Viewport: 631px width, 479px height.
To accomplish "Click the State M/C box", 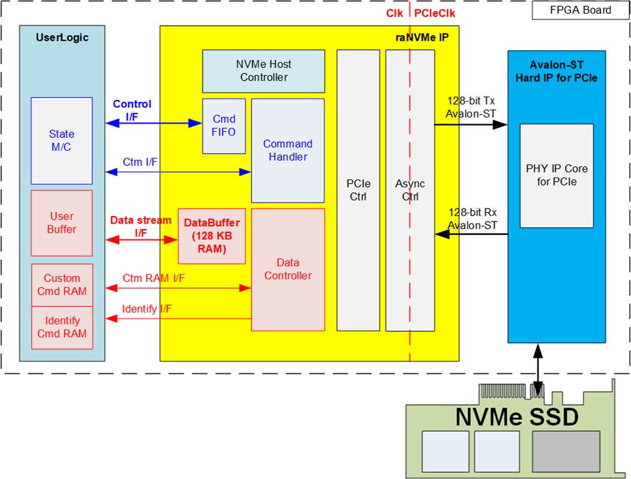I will (x=62, y=141).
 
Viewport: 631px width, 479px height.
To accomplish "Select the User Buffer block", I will (x=62, y=223).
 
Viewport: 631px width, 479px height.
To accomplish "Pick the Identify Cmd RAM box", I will (x=62, y=327).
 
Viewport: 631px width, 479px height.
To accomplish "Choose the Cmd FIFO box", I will (x=224, y=126).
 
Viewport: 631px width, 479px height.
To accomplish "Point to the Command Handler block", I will (x=288, y=150).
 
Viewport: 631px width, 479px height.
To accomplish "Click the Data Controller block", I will (x=288, y=269).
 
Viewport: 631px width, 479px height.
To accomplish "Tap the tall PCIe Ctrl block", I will (x=358, y=190).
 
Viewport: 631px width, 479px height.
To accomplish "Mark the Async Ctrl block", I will (x=410, y=190).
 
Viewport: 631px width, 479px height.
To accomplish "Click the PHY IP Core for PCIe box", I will (x=556, y=175).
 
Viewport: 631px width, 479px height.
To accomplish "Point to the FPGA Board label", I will (x=580, y=10).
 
